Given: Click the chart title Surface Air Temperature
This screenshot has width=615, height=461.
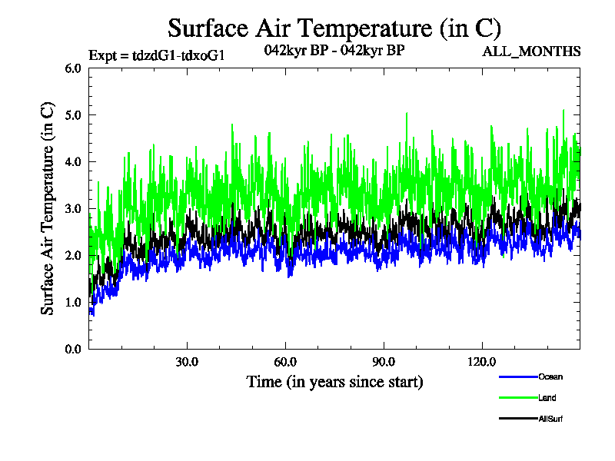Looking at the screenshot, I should pos(334,28).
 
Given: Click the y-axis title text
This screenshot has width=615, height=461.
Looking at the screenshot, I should pos(48,207).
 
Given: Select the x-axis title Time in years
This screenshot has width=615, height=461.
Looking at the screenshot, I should pos(334,382).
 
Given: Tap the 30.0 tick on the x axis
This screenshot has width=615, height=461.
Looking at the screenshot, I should pos(187,362).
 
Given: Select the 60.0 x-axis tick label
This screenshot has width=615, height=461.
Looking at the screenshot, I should pos(285,362).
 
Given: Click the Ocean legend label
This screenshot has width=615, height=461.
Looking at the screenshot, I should pos(550,376).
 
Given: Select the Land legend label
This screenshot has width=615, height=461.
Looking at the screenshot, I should pos(547,398).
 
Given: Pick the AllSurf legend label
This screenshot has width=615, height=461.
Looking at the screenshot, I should pos(551,419).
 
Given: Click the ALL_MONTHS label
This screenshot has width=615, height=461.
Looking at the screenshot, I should pos(531,51).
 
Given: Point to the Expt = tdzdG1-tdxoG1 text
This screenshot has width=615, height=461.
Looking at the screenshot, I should pos(157,55).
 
